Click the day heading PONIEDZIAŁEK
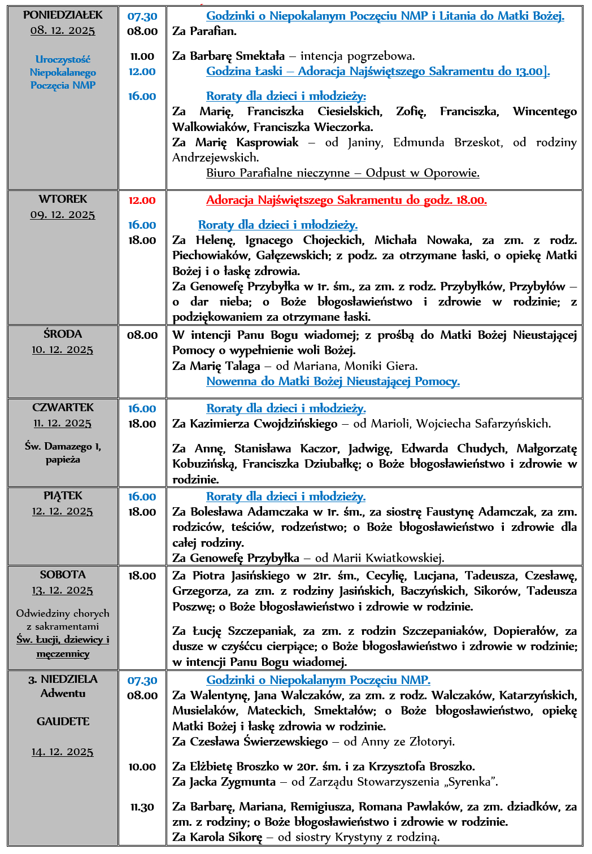pos(63,15)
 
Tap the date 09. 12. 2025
pos(63,215)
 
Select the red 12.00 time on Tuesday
pos(142,201)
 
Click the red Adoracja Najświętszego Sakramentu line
pos(346,200)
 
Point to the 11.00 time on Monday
pos(142,56)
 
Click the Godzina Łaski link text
pos(377,71)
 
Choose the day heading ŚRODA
pos(63,334)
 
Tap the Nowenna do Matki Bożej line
pos(333,381)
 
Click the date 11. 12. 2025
pos(63,423)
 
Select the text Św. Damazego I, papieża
pos(63,452)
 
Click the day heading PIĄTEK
pos(63,495)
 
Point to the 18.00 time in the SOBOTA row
pos(142,576)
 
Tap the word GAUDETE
pos(63,721)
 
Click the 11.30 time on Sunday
pos(142,807)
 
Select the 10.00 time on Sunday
pos(142,766)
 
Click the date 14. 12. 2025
pos(63,752)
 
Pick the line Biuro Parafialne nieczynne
pos(342,173)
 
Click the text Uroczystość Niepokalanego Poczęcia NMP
pos(63,72)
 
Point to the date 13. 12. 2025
pos(63,590)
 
